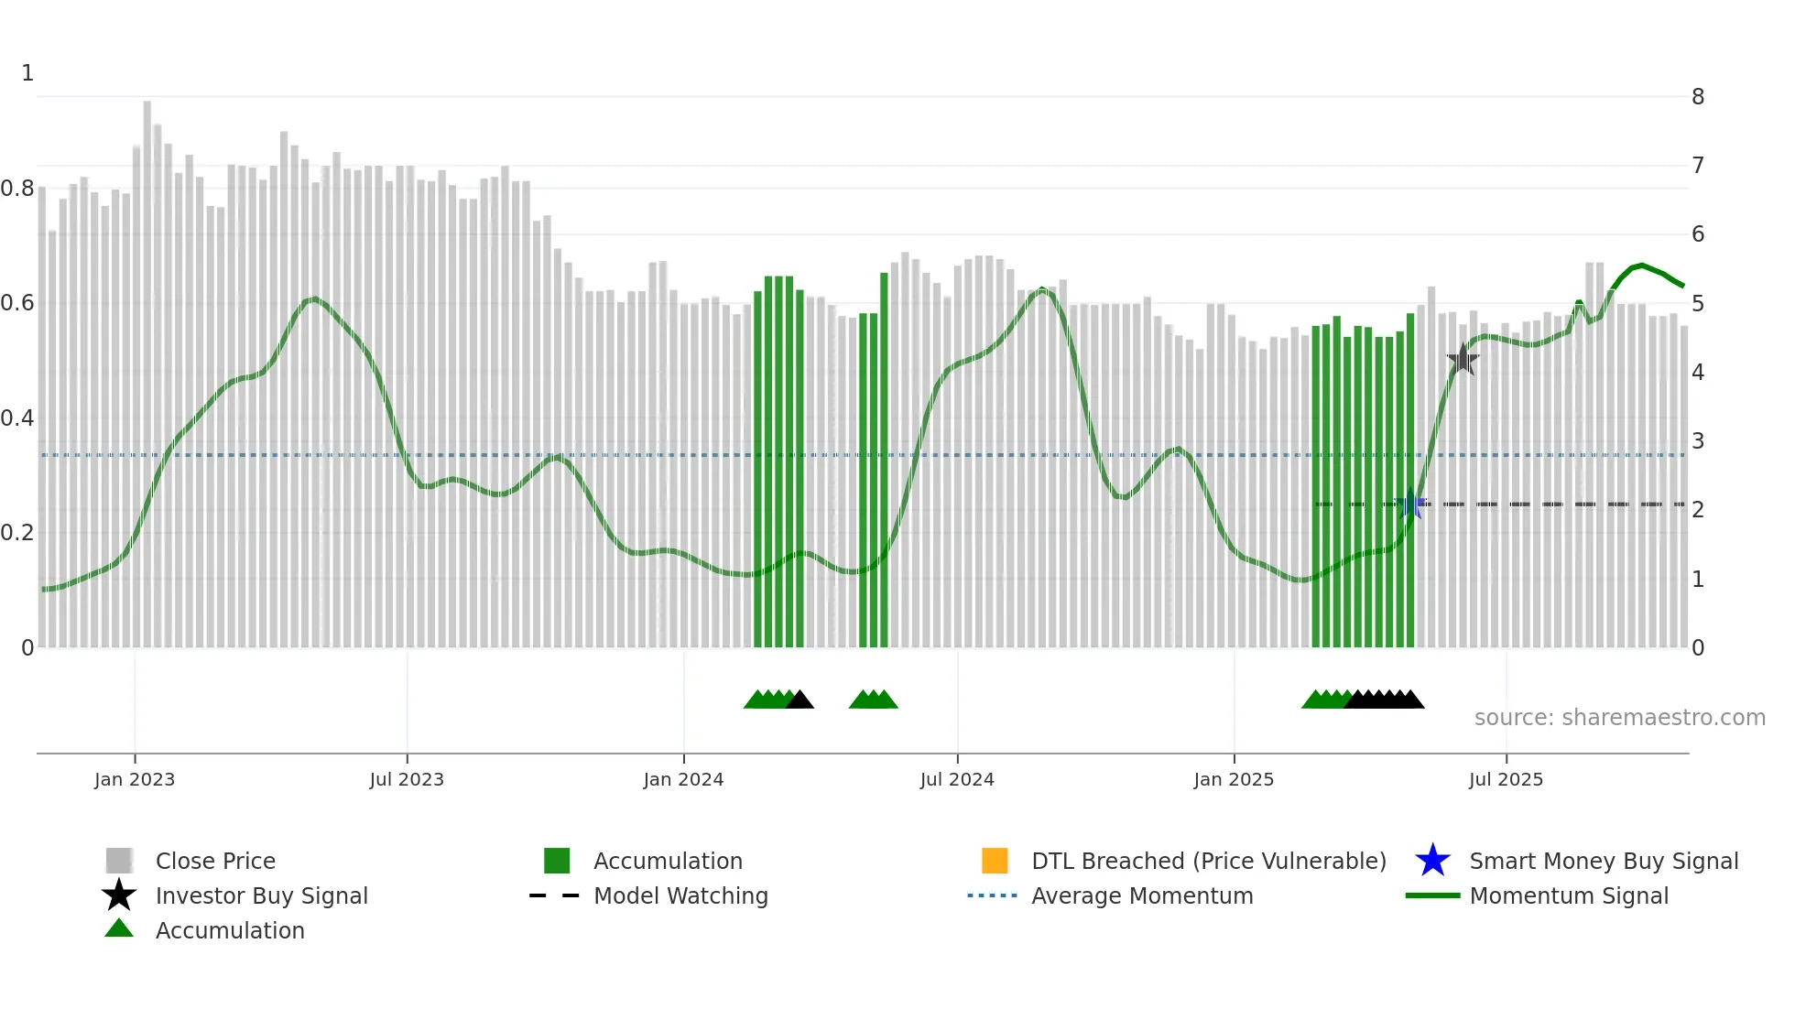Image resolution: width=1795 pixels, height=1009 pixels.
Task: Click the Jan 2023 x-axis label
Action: (135, 779)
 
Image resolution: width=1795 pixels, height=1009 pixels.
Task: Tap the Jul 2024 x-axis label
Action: (957, 779)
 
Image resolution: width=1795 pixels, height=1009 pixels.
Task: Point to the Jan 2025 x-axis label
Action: (1234, 779)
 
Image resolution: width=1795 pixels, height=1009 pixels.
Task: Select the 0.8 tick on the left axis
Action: (17, 189)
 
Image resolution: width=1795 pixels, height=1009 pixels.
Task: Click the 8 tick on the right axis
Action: (1698, 97)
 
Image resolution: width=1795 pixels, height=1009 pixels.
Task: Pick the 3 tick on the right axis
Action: (1698, 441)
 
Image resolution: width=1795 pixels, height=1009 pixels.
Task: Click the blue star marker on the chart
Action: (1411, 505)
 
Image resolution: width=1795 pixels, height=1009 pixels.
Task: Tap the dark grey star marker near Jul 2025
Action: (1463, 360)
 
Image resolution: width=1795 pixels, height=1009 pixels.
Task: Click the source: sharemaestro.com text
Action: (1619, 718)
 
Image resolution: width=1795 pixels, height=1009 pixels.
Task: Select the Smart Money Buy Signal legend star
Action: (1432, 861)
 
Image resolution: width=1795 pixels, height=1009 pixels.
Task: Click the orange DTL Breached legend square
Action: (995, 861)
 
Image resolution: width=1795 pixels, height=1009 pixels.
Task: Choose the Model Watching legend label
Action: (680, 895)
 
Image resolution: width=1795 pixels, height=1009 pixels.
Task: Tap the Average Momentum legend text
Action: (1142, 895)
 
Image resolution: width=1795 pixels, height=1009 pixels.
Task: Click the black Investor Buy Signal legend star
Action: (119, 895)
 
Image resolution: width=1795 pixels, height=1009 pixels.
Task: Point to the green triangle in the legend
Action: (119, 929)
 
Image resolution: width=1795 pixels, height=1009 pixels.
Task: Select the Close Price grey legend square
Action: (119, 861)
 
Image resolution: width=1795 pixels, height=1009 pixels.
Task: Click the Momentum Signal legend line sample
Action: (1432, 895)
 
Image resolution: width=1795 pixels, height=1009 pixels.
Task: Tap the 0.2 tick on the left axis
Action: (17, 533)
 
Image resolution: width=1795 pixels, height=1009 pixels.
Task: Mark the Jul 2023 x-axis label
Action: (407, 779)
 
